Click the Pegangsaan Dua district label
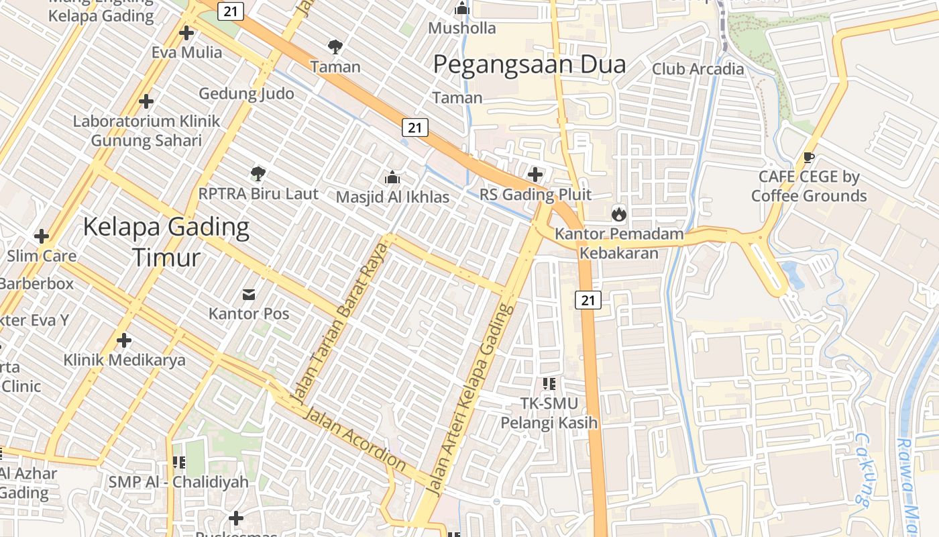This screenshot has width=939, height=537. (529, 64)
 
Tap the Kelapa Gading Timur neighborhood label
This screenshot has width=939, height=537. (166, 242)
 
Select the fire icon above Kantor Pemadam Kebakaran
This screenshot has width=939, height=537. (618, 215)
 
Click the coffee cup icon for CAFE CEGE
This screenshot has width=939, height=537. (809, 158)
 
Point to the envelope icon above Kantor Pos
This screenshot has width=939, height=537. (249, 294)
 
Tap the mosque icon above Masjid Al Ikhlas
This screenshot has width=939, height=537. (392, 178)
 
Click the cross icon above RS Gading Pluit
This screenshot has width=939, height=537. (535, 175)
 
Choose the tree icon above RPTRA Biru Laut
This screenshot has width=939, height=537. (258, 175)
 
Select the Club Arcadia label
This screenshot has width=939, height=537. (698, 69)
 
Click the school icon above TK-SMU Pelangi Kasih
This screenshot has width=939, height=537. (549, 385)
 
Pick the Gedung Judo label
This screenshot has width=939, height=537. (246, 93)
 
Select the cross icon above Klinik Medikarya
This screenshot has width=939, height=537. (124, 340)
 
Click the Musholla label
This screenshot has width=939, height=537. (462, 28)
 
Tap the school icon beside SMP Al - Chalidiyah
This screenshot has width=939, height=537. (178, 462)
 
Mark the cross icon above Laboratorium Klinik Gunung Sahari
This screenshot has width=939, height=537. (146, 102)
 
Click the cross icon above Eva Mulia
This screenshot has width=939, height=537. (186, 32)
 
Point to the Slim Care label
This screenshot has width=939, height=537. (42, 256)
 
